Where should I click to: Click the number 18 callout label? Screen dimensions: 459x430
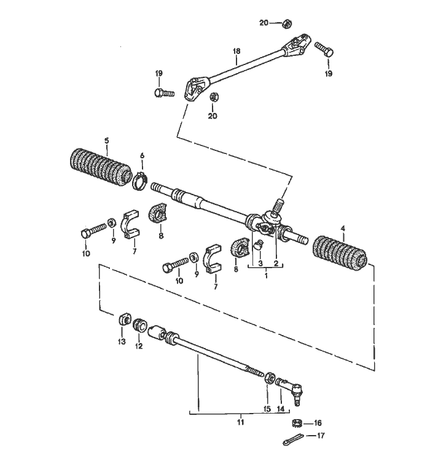coord(237,52)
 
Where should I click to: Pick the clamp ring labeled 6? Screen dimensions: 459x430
coord(141,182)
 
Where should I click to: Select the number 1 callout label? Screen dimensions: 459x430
coord(265,276)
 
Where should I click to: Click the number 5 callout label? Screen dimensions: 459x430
coord(107,140)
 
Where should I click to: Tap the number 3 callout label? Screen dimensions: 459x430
coord(260,263)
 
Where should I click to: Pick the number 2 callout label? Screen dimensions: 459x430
coord(276,263)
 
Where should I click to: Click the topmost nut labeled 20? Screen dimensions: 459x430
coord(286,23)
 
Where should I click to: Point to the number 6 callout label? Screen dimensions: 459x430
coord(142,156)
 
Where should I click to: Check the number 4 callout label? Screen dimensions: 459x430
coord(343,229)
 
